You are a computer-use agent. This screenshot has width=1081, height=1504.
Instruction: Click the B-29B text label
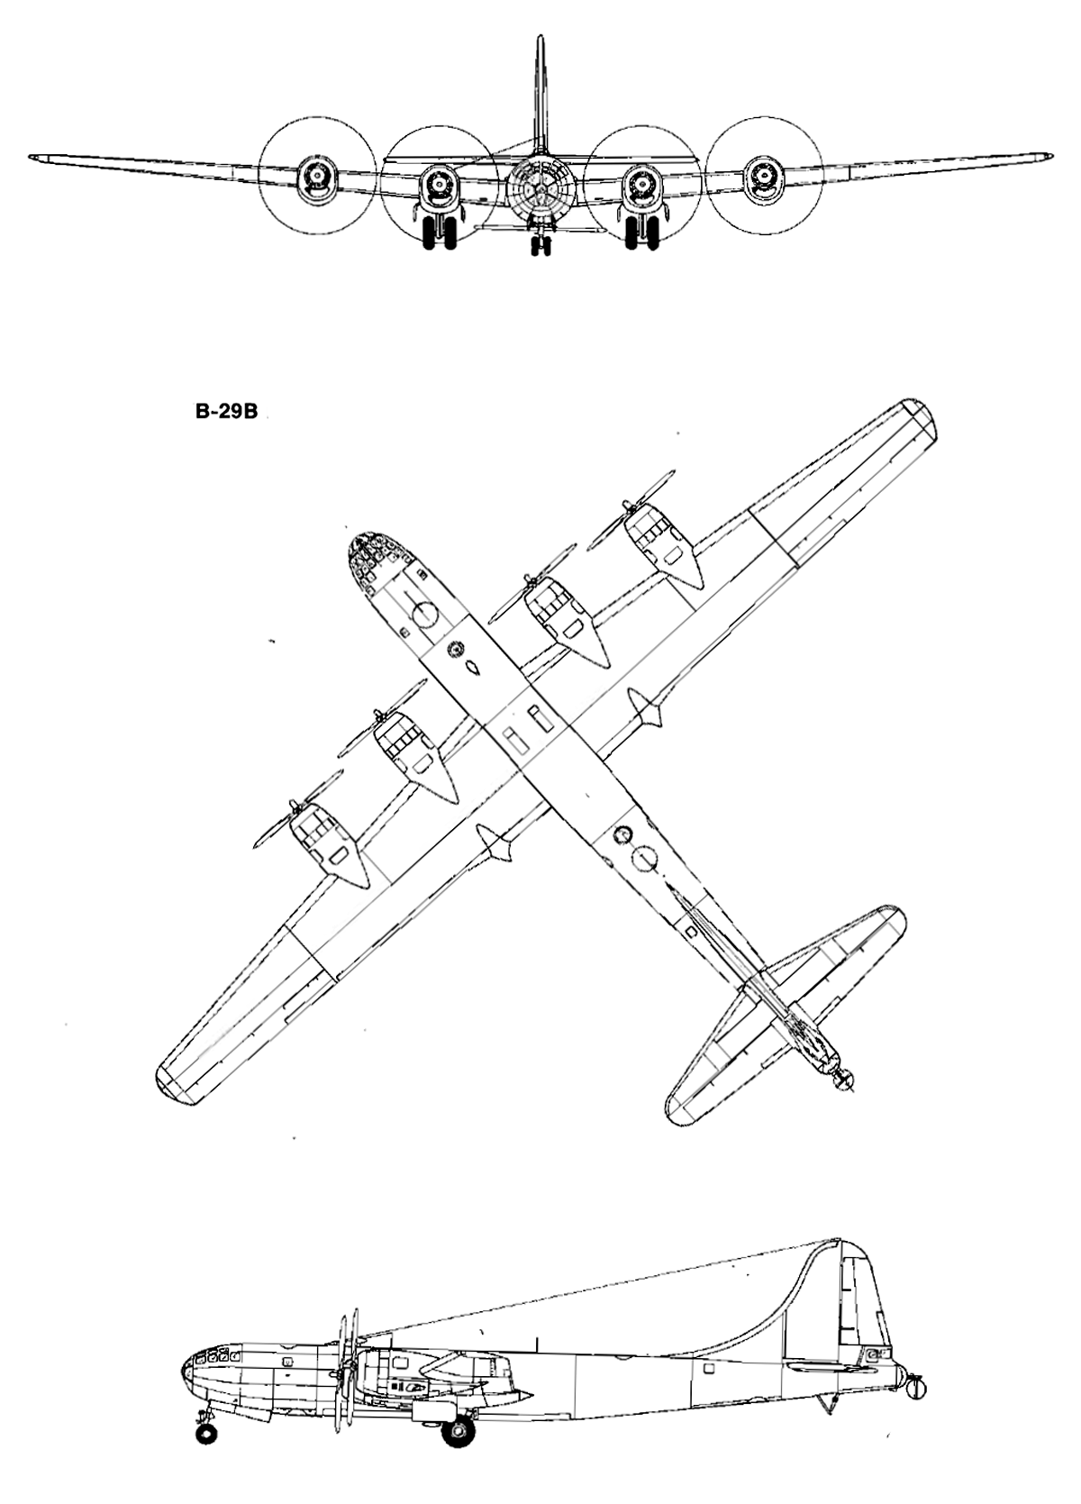coord(227,413)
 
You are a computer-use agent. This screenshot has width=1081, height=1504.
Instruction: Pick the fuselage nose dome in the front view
coord(540,188)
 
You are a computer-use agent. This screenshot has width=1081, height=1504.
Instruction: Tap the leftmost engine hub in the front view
coord(316,177)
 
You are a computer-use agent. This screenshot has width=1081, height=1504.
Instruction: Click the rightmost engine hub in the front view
coord(764,177)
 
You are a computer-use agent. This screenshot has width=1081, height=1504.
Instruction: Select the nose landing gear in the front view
coord(540,242)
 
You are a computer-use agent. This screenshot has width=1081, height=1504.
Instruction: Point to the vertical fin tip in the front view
coord(540,39)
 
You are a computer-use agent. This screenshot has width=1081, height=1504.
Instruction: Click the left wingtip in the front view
coord(33,159)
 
